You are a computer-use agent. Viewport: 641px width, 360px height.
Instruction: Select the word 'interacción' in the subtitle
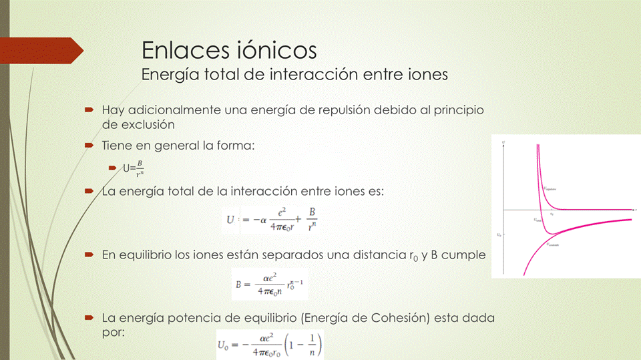311,74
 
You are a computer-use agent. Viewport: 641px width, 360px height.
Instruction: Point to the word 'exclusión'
148,124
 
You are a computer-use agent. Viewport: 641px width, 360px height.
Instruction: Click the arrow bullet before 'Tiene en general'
89,144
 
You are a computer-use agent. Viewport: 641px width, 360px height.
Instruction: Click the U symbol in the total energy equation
230,220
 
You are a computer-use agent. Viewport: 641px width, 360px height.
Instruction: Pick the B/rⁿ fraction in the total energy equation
312,220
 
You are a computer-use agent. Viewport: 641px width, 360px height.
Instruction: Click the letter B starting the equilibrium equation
238,284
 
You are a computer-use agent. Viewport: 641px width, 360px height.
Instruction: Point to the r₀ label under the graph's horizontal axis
552,214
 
